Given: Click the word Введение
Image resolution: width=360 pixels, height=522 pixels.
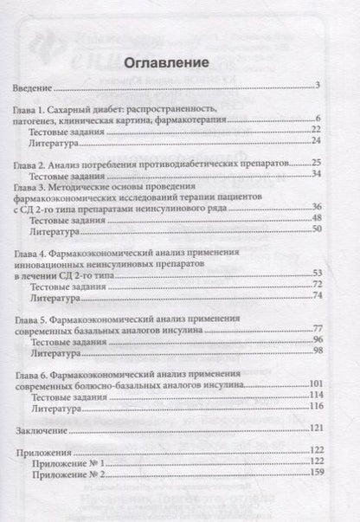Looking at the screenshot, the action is tap(31, 88).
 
